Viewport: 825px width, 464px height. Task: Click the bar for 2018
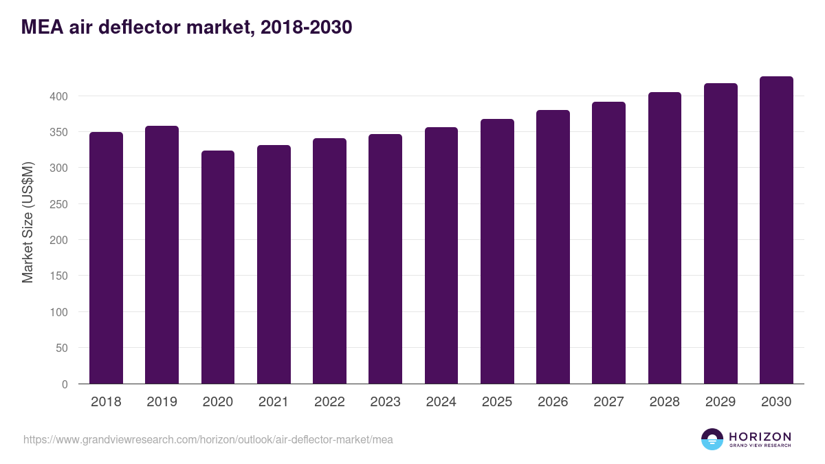[x=106, y=258]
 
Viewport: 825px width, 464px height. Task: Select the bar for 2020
[x=218, y=267]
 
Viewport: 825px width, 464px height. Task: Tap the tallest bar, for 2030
[x=776, y=230]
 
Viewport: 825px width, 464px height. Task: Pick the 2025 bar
[x=497, y=251]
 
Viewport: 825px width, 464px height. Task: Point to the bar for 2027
[x=609, y=243]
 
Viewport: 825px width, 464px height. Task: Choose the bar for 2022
[x=329, y=261]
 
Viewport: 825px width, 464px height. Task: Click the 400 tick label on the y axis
[x=59, y=96]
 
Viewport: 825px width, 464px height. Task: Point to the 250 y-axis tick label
[x=59, y=204]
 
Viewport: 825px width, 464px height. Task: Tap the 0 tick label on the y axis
[x=65, y=384]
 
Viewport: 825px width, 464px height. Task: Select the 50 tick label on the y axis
[x=62, y=348]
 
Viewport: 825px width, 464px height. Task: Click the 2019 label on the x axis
[x=162, y=401]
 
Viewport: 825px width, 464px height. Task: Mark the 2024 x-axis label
[x=441, y=401]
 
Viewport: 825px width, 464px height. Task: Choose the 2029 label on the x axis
[x=720, y=401]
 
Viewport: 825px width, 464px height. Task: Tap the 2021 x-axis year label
[x=274, y=401]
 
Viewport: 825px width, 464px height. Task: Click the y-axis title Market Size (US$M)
[x=27, y=223]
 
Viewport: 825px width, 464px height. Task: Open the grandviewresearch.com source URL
[x=208, y=440]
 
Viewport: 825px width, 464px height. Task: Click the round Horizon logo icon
[x=712, y=439]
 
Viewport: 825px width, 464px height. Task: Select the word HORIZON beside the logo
[x=760, y=437]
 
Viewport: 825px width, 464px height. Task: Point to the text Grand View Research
[x=760, y=445]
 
